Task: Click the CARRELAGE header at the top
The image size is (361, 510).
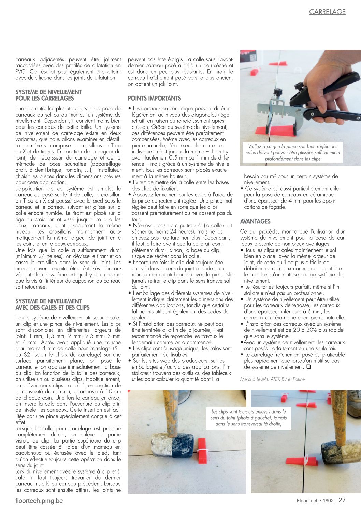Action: pyautogui.click(x=327, y=12)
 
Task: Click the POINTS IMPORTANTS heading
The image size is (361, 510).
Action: pyautogui.click(x=154, y=98)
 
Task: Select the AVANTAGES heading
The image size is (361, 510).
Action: pyautogui.click(x=255, y=221)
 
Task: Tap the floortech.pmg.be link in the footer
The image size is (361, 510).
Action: pyautogui.click(x=39, y=501)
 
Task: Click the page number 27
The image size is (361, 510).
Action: pyautogui.click(x=342, y=500)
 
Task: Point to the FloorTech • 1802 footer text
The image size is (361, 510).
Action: pyautogui.click(x=315, y=501)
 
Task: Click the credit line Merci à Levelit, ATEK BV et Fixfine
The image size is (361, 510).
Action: pyautogui.click(x=272, y=379)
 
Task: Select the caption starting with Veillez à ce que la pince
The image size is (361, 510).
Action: pyautogui.click(x=292, y=152)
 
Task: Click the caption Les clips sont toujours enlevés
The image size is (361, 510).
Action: pyautogui.click(x=248, y=418)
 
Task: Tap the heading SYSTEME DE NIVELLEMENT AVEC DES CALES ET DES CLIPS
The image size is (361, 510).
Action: pyautogui.click(x=53, y=304)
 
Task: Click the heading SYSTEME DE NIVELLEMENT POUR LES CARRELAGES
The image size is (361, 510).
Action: pyautogui.click(x=48, y=95)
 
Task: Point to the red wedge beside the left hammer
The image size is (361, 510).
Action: pyautogui.click(x=202, y=451)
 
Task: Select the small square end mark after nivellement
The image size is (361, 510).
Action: pyautogui.click(x=308, y=367)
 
